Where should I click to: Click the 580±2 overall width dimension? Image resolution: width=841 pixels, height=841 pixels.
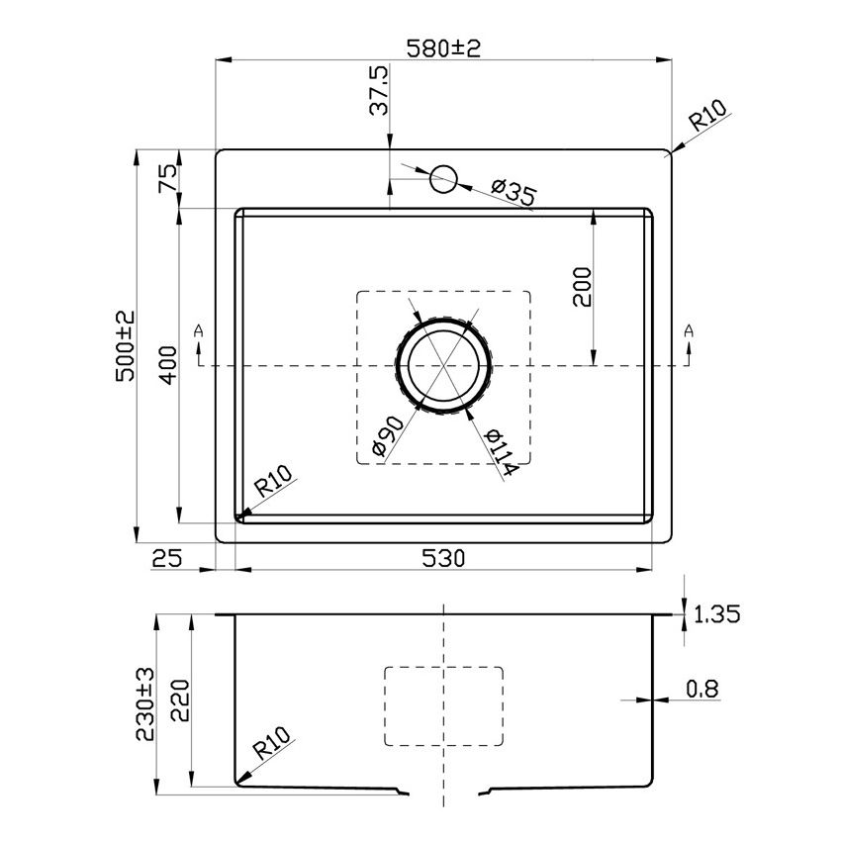click(x=443, y=47)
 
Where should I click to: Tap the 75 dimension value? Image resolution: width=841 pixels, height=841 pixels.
click(x=167, y=178)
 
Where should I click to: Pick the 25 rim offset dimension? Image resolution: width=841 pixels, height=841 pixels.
click(x=167, y=559)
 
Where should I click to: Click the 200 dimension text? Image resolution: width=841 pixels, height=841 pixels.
click(x=582, y=287)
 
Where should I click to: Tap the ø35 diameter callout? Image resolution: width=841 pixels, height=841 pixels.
click(x=513, y=191)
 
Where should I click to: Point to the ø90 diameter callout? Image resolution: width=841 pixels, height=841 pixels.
click(x=388, y=436)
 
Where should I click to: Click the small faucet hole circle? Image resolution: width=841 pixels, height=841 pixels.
click(x=443, y=179)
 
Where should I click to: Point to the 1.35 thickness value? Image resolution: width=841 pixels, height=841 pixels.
click(x=717, y=614)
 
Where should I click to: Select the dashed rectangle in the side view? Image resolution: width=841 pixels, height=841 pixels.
click(x=443, y=705)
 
